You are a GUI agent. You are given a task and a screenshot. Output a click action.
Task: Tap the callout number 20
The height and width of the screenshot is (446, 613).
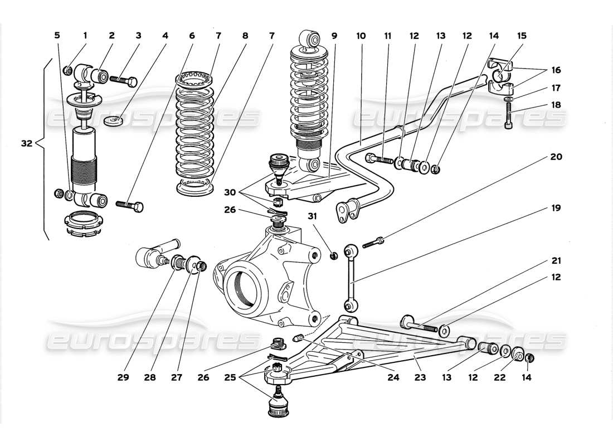point(556,157)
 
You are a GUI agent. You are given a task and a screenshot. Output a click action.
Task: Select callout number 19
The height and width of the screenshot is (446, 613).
point(556,209)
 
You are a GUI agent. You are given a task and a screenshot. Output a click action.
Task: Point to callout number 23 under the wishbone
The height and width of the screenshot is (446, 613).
point(420,377)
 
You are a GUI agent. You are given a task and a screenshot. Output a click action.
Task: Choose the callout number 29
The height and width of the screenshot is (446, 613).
point(123,377)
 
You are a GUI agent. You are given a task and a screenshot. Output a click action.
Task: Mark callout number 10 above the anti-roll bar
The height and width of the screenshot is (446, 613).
point(361,36)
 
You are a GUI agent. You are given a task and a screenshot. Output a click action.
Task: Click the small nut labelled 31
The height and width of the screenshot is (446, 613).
point(334,256)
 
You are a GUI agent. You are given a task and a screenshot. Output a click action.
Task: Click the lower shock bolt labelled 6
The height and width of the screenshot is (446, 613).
point(130,205)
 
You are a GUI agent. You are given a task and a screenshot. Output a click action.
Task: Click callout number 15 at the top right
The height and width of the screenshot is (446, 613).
point(522,36)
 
